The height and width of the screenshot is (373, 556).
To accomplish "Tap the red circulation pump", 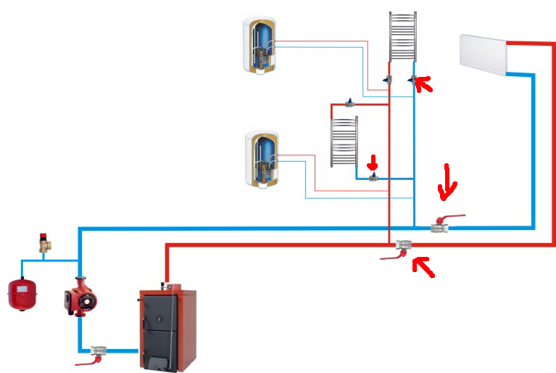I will pos(78,298).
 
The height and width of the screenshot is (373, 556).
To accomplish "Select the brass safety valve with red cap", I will pos(46,242).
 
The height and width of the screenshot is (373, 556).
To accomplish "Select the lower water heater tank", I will pos(262,159).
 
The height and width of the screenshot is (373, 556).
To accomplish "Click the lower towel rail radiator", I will pos(344,142).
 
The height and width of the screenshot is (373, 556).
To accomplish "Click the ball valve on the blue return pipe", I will pos(440,227).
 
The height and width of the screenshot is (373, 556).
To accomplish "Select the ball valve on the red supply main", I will pos(403,246).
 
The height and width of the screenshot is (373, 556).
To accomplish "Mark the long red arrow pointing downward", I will pos(447,181).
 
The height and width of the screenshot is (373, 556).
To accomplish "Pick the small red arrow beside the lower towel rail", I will pos(374,160).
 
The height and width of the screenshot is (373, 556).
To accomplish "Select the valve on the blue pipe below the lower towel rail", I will pos(373,176).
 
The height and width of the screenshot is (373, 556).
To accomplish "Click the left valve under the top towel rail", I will pos(389,80).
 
